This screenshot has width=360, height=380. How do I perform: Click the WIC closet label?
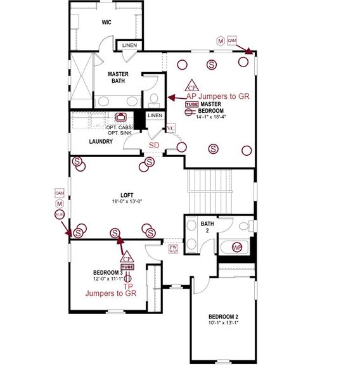coord(106,22)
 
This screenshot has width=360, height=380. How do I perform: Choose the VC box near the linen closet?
coord(170,129)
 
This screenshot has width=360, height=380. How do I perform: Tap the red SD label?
coord(154,145)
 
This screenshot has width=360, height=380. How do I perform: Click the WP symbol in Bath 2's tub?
coord(236,246)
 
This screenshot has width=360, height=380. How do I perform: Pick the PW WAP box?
coord(173,249)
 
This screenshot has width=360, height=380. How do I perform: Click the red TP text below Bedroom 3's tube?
coord(127,286)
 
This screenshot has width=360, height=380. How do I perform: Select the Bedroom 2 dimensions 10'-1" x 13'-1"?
coord(223,323)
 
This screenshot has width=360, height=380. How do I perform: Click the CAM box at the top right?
coord(232,41)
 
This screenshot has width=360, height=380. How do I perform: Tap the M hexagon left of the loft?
coord(60,203)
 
